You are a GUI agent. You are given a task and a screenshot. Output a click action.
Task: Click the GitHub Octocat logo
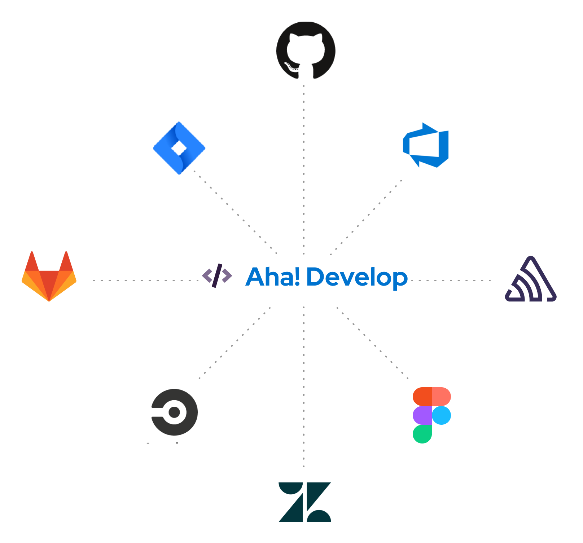[x=306, y=50]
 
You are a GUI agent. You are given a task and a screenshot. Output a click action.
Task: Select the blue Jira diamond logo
[x=179, y=148]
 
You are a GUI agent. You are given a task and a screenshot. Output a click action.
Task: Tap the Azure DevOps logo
[x=426, y=145]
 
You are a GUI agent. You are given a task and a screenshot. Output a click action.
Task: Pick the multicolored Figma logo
[x=432, y=415]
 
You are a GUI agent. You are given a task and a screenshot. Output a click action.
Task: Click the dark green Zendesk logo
[x=305, y=502]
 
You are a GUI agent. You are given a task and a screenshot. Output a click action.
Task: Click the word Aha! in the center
[x=273, y=277]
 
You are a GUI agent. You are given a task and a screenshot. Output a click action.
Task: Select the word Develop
[x=357, y=278]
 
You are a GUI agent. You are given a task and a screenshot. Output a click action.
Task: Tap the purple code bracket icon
[x=217, y=276]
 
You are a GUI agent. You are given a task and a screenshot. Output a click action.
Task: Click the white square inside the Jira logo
[x=179, y=148]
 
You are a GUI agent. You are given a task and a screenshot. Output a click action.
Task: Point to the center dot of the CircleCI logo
[x=175, y=412]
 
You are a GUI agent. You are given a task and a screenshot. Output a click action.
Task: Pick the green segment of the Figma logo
[x=422, y=434]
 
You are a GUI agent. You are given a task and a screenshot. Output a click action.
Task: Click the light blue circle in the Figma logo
[x=442, y=415]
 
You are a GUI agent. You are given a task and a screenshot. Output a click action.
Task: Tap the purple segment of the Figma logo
[x=422, y=415]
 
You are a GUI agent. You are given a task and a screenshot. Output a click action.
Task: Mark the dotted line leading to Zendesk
[x=304, y=387]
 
